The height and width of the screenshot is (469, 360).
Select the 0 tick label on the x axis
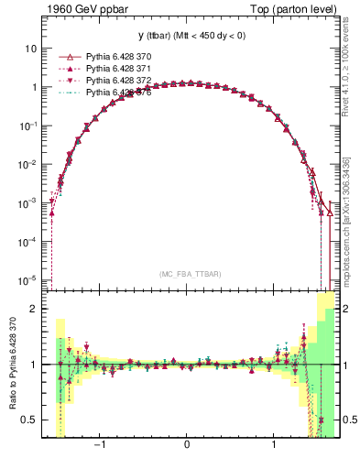(x=188, y=448)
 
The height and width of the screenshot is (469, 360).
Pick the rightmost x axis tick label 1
(x=275, y=448)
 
